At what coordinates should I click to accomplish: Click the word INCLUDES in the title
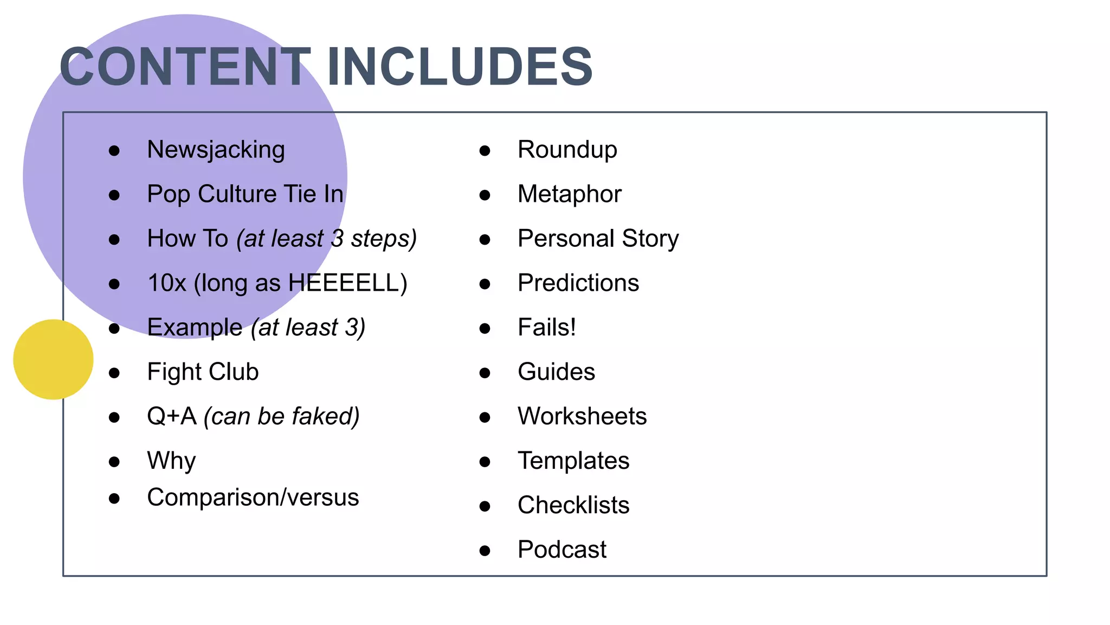click(460, 67)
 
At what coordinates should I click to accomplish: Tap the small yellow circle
click(53, 359)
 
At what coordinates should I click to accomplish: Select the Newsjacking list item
click(216, 150)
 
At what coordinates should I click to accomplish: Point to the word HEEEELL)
click(347, 283)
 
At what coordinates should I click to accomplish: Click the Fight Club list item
click(203, 372)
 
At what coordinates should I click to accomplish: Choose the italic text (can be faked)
click(281, 417)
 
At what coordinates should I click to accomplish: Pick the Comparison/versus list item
click(253, 498)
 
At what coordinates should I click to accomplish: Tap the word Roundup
click(567, 150)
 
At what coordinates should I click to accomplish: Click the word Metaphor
click(569, 194)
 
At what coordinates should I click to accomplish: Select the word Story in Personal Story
click(650, 239)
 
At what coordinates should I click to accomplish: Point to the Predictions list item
click(578, 283)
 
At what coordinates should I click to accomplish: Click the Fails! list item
click(546, 328)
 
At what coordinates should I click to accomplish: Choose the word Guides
click(556, 372)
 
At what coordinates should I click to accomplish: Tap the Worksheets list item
click(582, 417)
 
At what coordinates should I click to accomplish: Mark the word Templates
click(573, 461)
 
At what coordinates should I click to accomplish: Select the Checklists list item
click(573, 506)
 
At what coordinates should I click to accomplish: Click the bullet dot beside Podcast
click(485, 551)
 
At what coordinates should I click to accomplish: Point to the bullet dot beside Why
click(114, 462)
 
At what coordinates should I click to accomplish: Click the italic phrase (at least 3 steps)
click(326, 239)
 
